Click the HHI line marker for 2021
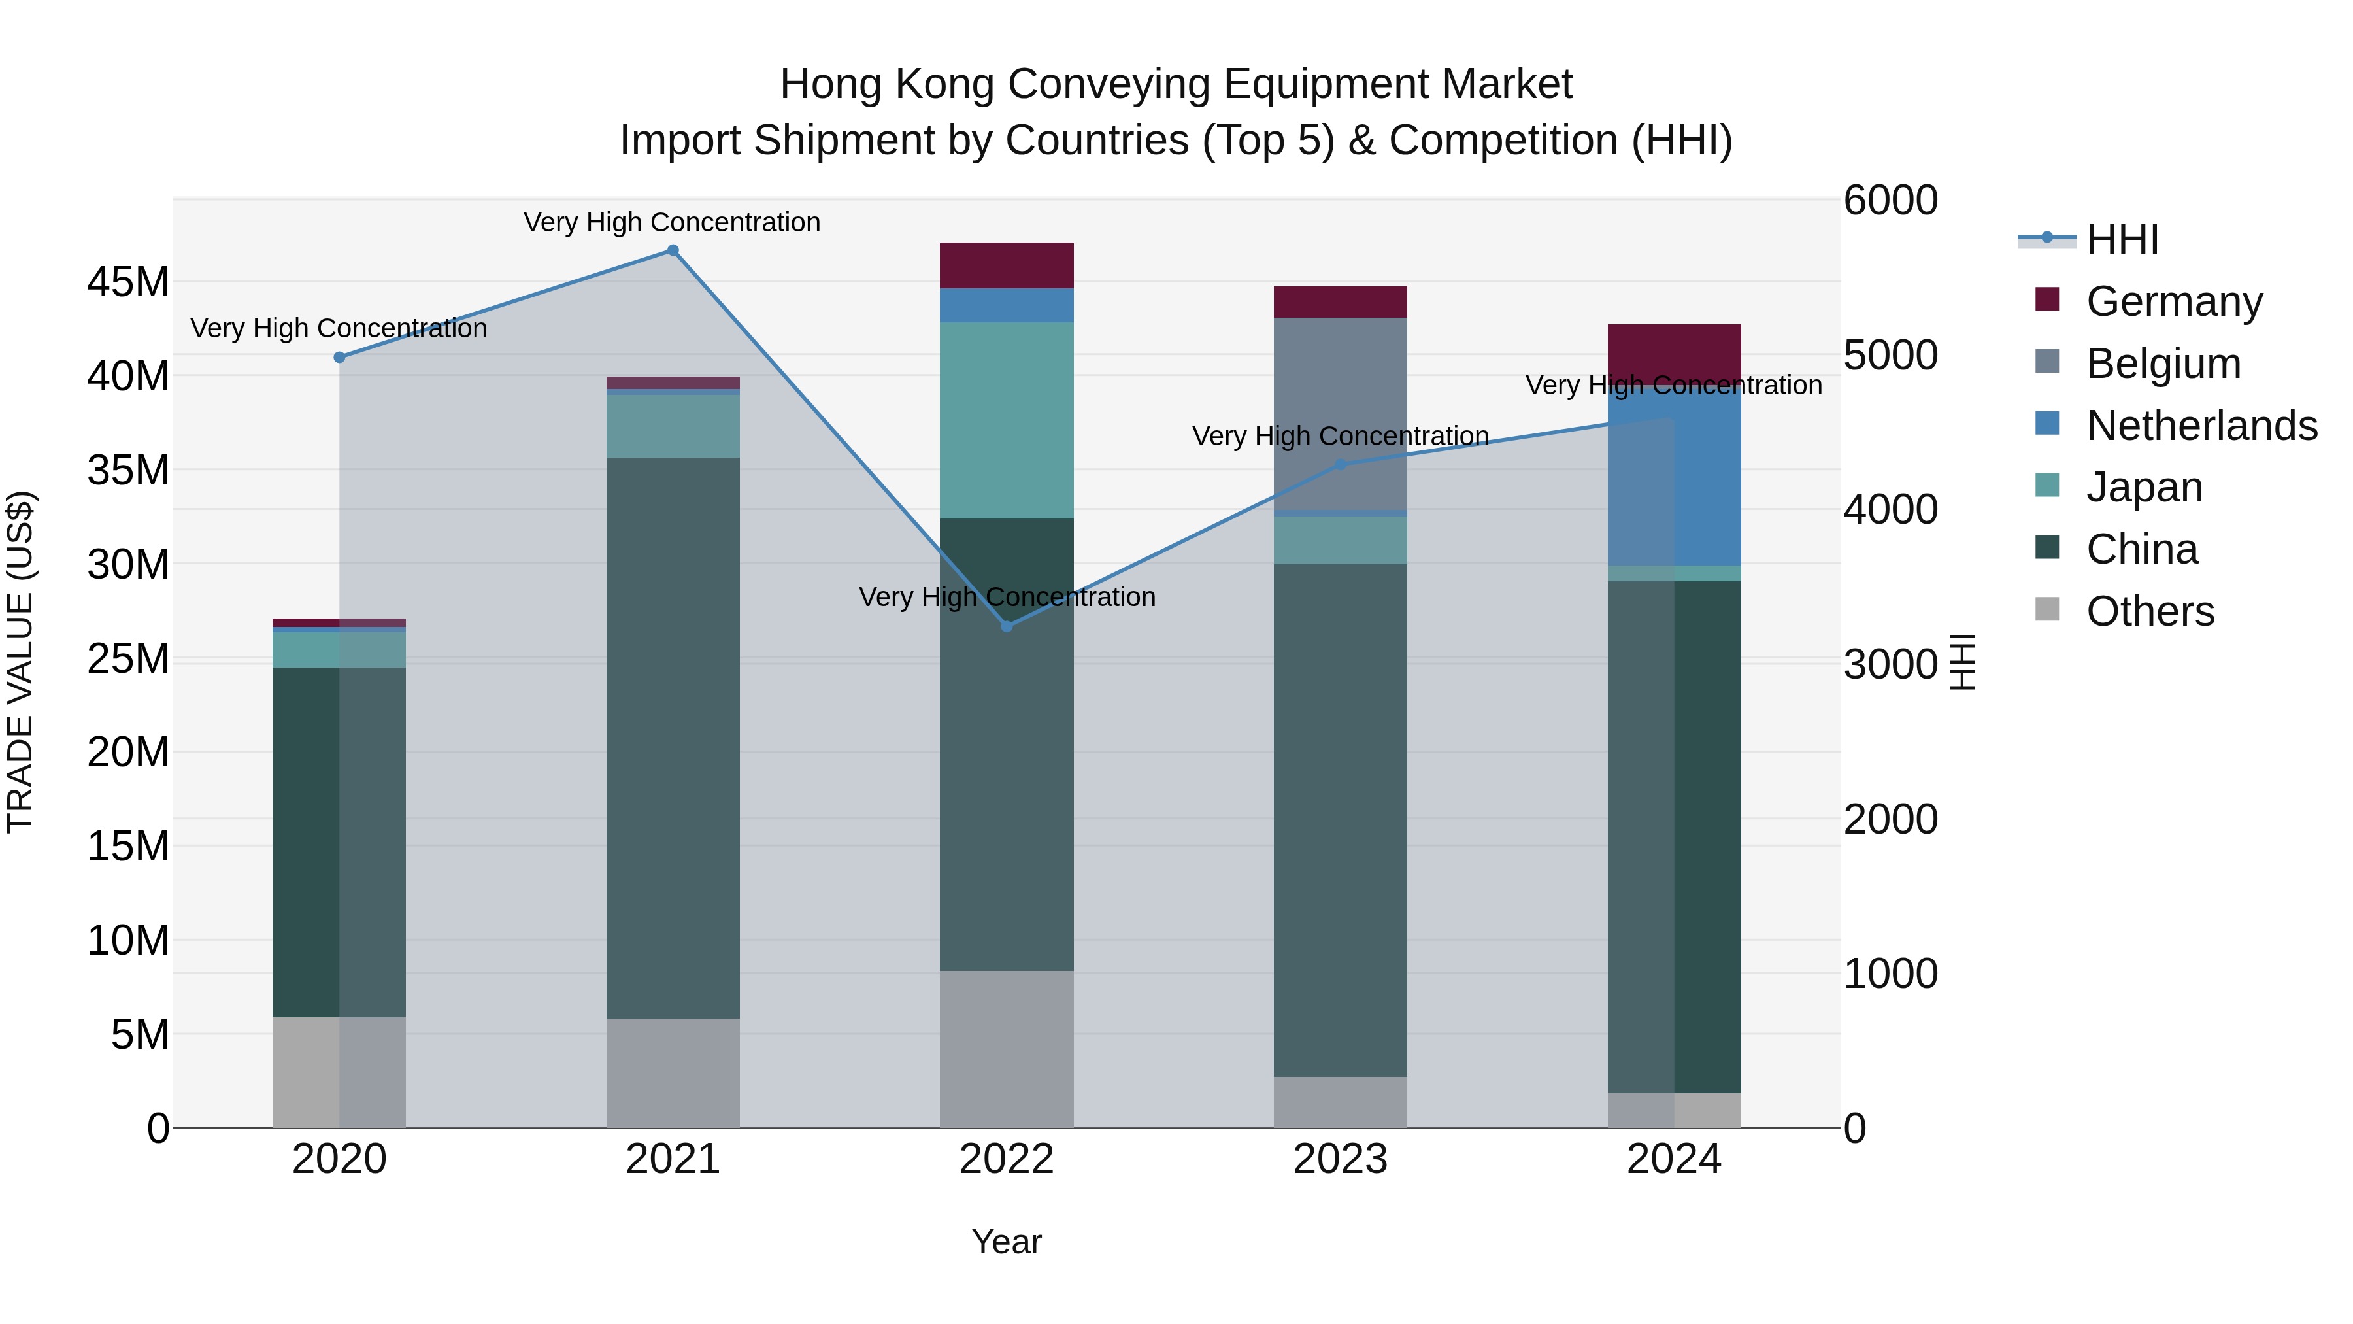tap(673, 250)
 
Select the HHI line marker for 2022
tap(1007, 626)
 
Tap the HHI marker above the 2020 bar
tap(339, 357)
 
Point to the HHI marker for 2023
tap(1340, 464)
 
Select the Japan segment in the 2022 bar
tap(1007, 420)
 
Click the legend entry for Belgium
tap(2162, 364)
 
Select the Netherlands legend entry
tap(2201, 426)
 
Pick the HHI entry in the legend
tap(2122, 239)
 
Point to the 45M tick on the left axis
tap(128, 282)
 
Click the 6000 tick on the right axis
tap(1890, 200)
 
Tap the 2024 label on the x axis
tap(1673, 1159)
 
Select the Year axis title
tap(1007, 1242)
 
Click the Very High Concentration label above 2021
tap(673, 222)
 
